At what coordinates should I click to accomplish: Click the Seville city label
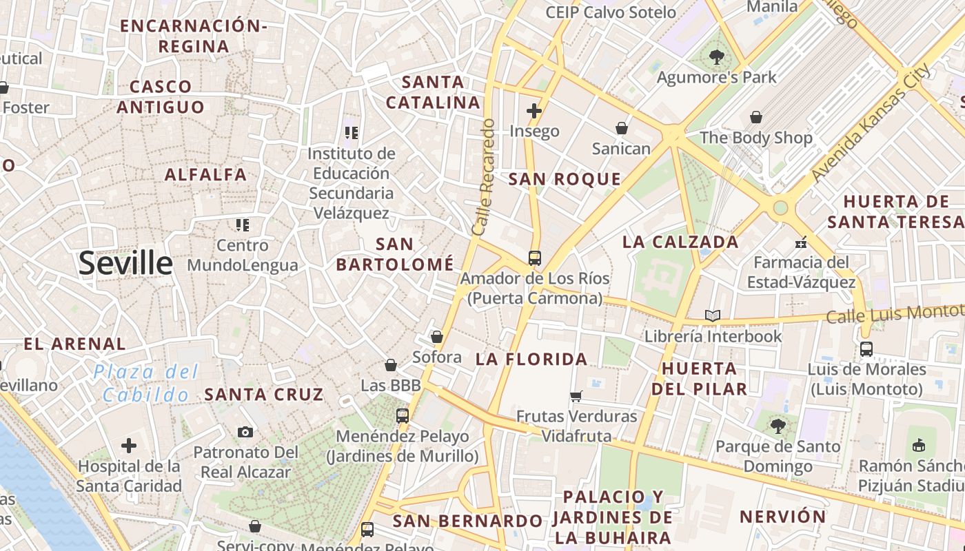125,264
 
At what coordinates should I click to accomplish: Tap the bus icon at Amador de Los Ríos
534,258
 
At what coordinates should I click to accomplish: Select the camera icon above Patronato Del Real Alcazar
245,433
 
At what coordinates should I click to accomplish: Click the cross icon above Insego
534,110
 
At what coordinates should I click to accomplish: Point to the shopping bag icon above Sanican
622,128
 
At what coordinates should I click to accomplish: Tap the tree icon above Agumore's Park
716,57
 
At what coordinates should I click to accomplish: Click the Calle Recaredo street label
484,176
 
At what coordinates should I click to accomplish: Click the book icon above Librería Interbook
712,316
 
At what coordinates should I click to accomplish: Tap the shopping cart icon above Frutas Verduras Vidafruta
576,396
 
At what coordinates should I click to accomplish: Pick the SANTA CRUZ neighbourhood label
264,395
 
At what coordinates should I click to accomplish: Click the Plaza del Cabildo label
146,384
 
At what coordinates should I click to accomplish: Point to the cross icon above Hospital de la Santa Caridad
128,446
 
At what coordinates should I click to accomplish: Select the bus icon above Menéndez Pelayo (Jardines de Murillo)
402,416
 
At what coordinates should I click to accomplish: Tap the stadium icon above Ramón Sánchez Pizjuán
918,446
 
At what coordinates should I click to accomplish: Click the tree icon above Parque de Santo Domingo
778,426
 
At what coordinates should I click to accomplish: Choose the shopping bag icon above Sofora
436,337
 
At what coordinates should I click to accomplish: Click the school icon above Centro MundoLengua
242,225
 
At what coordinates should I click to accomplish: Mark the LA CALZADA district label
680,242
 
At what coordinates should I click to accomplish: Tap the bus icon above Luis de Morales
866,349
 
